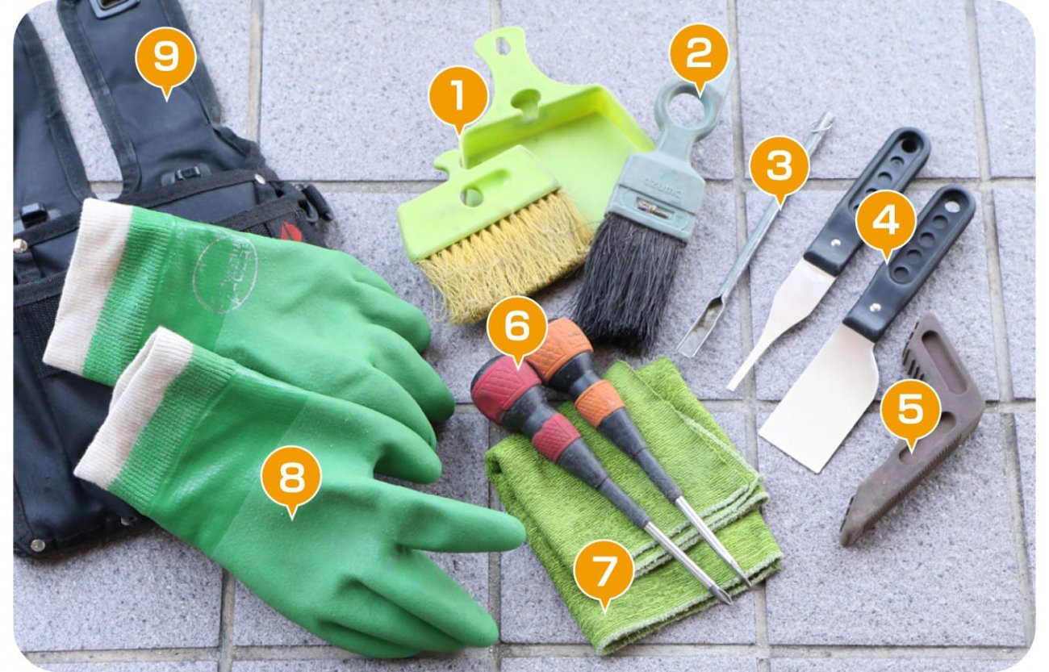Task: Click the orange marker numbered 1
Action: [458, 97]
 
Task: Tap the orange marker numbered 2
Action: [699, 53]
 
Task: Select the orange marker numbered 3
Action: [779, 165]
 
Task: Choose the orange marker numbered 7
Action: [604, 570]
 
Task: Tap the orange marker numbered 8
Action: [291, 476]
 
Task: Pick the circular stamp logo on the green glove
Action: [225, 274]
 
